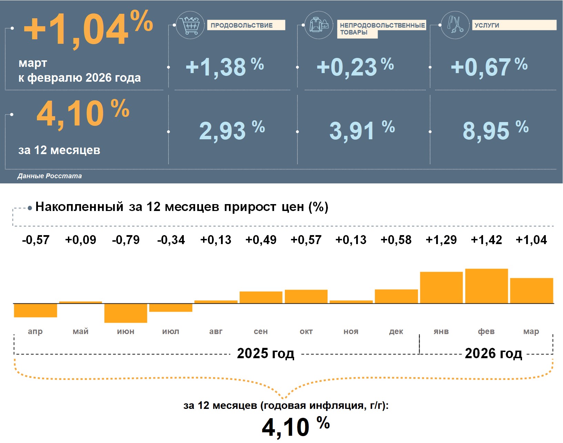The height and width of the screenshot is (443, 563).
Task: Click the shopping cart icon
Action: point(190,25)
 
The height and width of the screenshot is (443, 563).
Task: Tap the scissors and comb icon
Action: point(455,25)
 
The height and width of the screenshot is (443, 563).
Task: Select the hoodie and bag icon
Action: point(319,25)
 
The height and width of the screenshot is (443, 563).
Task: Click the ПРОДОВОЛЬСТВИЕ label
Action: point(242,25)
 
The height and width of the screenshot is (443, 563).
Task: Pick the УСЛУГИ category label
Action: point(487,25)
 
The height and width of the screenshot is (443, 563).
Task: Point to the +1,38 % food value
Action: point(224,67)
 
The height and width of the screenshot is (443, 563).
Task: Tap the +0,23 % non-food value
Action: point(355,67)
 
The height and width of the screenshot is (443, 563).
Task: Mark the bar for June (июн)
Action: point(126,313)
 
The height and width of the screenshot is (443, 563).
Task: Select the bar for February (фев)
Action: point(486,286)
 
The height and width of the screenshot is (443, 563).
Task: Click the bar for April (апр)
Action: point(36,310)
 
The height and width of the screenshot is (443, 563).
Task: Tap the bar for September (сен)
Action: point(261,297)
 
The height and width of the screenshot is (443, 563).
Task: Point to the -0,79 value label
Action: point(126,240)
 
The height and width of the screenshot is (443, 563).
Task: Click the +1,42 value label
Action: point(486,240)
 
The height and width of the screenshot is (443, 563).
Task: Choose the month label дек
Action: point(396,331)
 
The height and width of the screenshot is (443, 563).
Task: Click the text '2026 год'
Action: point(493,353)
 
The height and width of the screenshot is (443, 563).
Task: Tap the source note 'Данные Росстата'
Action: point(50,176)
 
